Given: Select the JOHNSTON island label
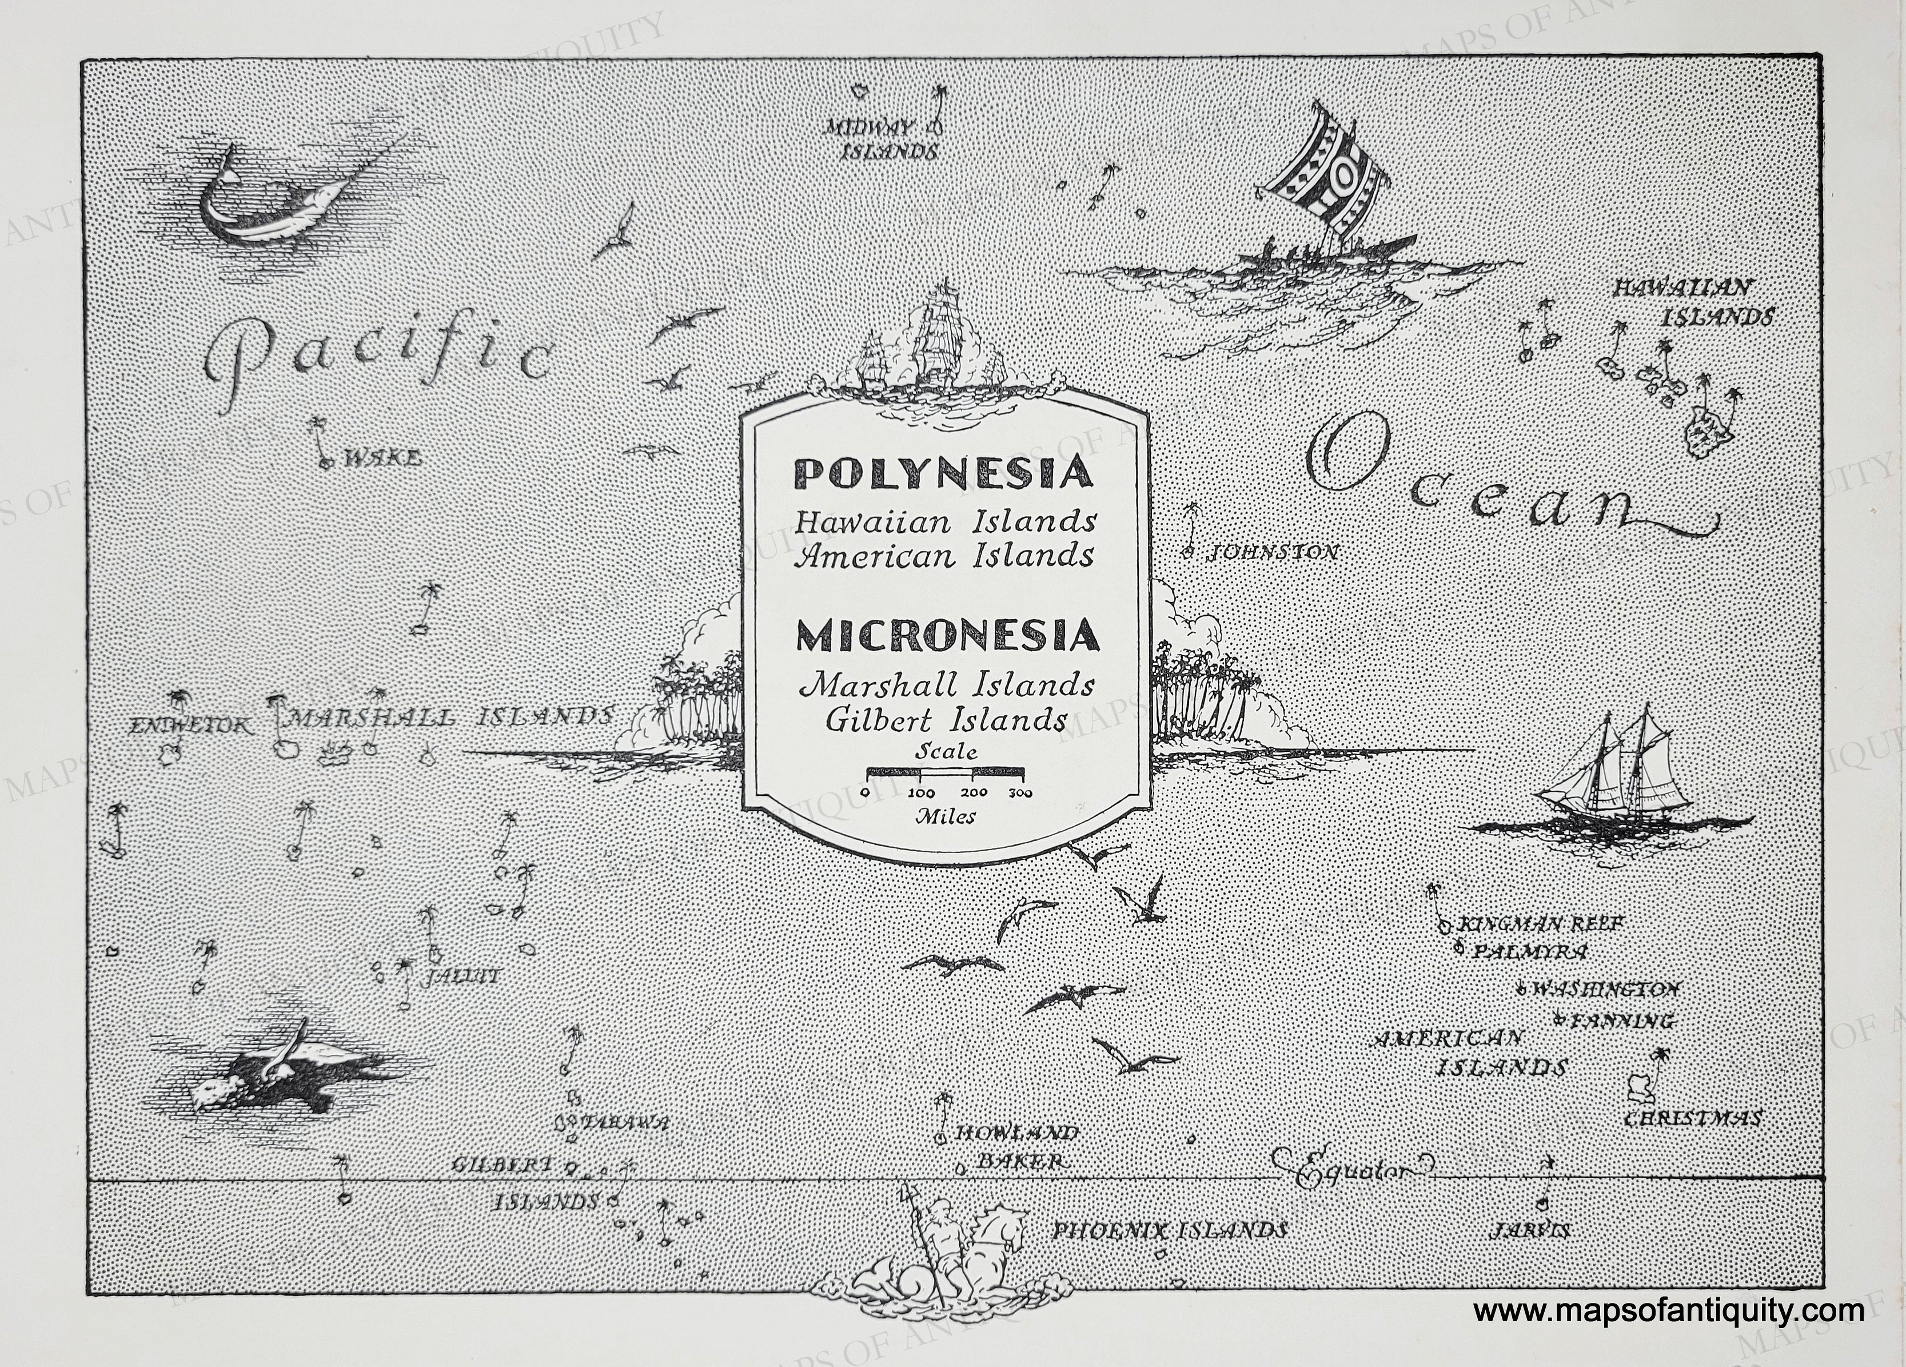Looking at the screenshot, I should click(1271, 553).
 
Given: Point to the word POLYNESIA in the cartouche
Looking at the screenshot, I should click(944, 474).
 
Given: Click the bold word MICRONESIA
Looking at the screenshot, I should click(947, 636).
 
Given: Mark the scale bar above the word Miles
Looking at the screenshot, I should click(946, 771).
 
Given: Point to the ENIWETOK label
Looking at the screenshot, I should click(190, 725).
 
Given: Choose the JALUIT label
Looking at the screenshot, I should click(462, 977).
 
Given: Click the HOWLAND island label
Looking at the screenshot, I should click(1016, 1133).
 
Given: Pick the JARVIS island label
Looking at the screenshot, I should click(1529, 1232).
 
